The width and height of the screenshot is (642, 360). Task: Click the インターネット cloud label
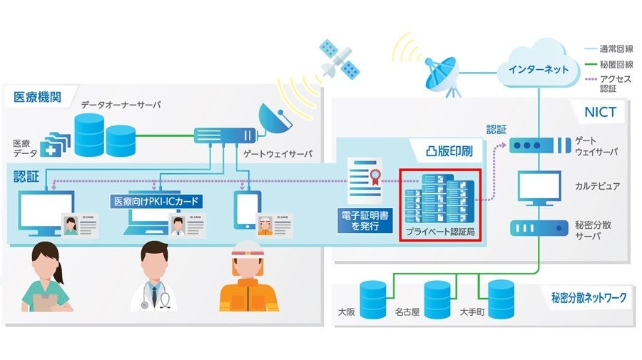539,69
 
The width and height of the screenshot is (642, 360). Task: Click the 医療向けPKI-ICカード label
158,202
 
